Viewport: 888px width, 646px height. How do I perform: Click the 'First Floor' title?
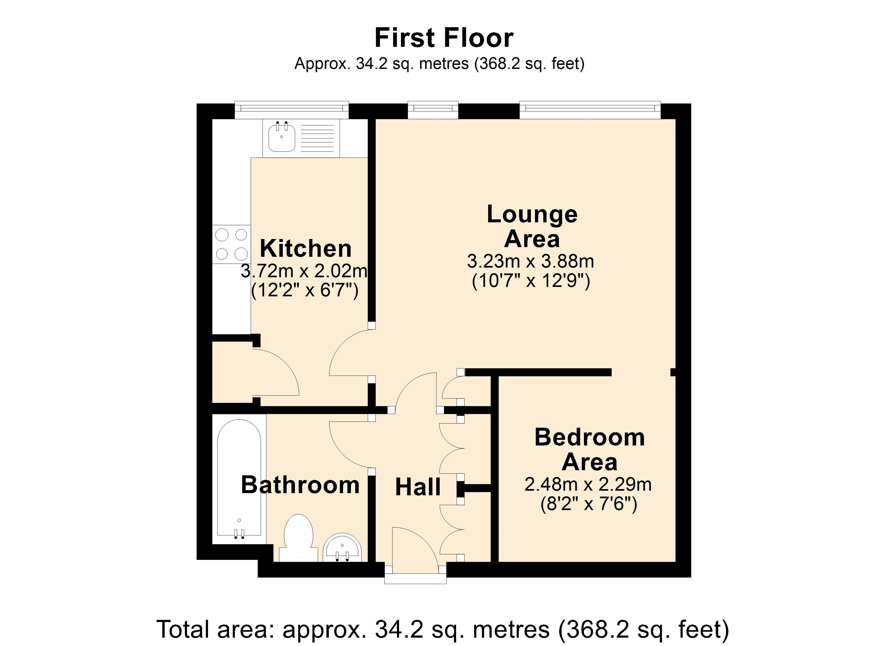point(444,38)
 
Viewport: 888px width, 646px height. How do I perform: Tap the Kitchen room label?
point(305,248)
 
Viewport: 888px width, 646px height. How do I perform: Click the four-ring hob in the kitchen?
point(231,244)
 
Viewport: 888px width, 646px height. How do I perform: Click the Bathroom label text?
point(300,485)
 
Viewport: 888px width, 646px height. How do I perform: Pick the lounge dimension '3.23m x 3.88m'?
point(531,261)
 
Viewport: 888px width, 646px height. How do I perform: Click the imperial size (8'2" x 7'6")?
point(589,504)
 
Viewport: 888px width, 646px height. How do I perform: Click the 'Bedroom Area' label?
point(589,450)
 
